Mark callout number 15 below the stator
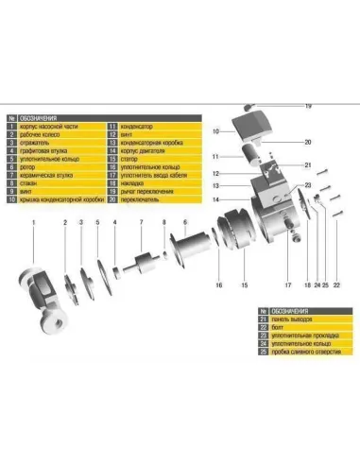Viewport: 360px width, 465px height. click(x=243, y=285)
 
